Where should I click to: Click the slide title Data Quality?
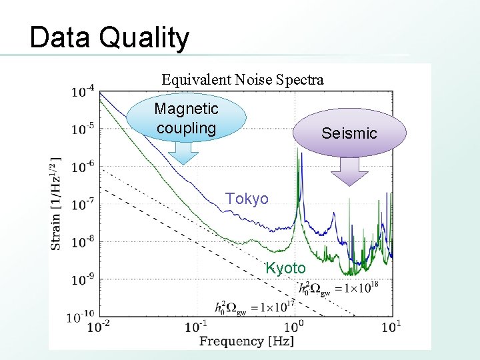pos(109,38)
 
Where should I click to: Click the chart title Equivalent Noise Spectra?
pos(243,80)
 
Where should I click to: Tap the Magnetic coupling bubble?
pos(186,119)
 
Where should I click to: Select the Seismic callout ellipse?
pos(349,133)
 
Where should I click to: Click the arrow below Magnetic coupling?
pos(182,153)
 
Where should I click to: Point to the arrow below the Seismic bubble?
pos(349,171)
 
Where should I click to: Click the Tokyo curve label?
pos(247,199)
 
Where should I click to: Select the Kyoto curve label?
pos(285,268)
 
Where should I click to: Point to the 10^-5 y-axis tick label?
pos(83,129)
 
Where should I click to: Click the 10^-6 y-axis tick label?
pos(83,167)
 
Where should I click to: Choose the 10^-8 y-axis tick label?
pos(83,242)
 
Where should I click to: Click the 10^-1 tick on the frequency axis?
pos(196,326)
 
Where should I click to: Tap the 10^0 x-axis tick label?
pos(293,326)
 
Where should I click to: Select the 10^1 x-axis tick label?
pos(391,326)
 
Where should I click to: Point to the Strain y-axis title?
pos(57,203)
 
